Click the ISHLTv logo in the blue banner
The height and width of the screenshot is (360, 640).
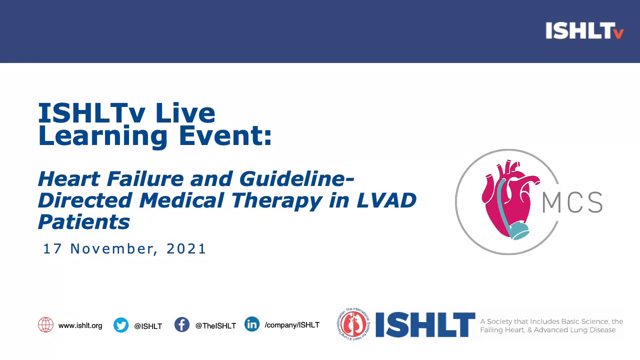(584, 31)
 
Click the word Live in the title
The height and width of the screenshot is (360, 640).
(185, 113)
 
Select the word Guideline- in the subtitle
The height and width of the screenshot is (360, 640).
(296, 178)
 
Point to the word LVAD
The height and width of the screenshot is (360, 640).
(386, 200)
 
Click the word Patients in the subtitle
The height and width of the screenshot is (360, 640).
(83, 221)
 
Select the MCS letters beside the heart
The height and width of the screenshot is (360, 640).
(572, 202)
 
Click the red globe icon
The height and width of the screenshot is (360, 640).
(45, 325)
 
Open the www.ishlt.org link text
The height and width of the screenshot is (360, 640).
(80, 325)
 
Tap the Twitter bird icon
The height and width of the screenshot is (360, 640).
(121, 325)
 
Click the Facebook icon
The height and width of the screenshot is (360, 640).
(182, 325)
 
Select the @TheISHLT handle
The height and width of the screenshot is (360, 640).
(215, 326)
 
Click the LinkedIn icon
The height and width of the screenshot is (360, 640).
(252, 324)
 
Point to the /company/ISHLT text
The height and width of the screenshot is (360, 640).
(292, 325)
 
